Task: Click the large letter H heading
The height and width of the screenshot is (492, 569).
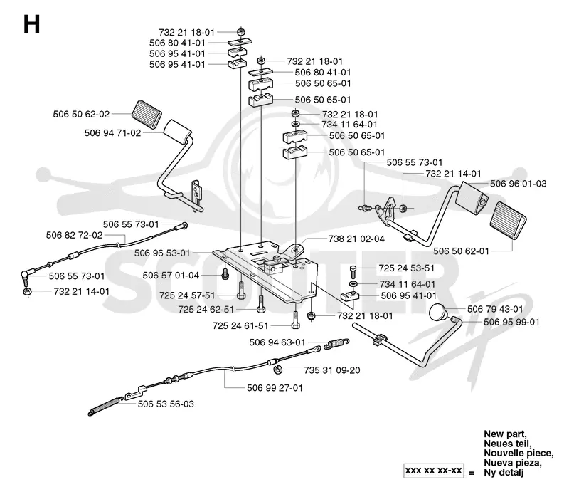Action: [x=31, y=25]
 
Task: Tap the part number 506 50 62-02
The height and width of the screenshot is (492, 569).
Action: [x=81, y=114]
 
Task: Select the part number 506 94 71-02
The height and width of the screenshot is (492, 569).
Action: [x=112, y=133]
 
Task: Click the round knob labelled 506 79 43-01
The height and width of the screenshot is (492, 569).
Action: [x=437, y=313]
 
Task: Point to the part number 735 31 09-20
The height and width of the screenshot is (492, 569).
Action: [x=332, y=370]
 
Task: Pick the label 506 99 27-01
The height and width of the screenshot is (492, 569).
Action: [x=275, y=388]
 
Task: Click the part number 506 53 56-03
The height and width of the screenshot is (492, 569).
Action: [x=166, y=404]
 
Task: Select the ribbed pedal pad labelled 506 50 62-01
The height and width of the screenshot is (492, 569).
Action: [x=508, y=219]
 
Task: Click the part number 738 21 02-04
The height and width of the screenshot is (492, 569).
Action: [x=356, y=239]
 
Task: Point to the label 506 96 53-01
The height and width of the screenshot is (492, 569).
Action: [x=162, y=253]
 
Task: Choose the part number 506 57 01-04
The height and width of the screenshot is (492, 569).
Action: [x=171, y=276]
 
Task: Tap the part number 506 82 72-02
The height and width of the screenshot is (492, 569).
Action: [x=75, y=235]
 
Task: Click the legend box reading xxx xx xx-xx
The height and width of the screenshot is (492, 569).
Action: [x=434, y=471]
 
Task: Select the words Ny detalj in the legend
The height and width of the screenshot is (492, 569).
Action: [x=504, y=472]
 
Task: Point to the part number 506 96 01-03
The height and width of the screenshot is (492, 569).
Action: [x=519, y=184]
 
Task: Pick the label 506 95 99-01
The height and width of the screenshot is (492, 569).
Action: [x=511, y=322]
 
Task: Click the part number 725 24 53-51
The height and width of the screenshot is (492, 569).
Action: [x=406, y=268]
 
